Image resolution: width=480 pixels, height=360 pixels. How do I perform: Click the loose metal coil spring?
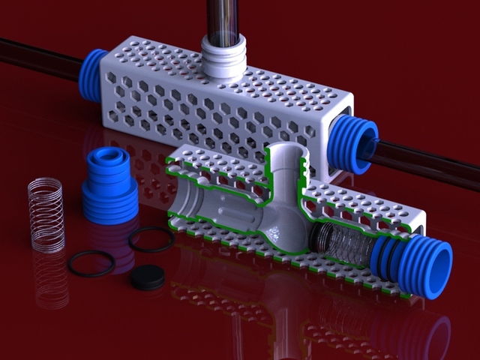[x=46, y=214]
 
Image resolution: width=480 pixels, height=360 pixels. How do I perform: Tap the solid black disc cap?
[x=147, y=277]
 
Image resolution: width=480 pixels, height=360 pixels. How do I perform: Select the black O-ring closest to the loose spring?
[x=91, y=262]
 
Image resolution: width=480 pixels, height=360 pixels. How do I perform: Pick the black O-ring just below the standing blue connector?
[x=151, y=239]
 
